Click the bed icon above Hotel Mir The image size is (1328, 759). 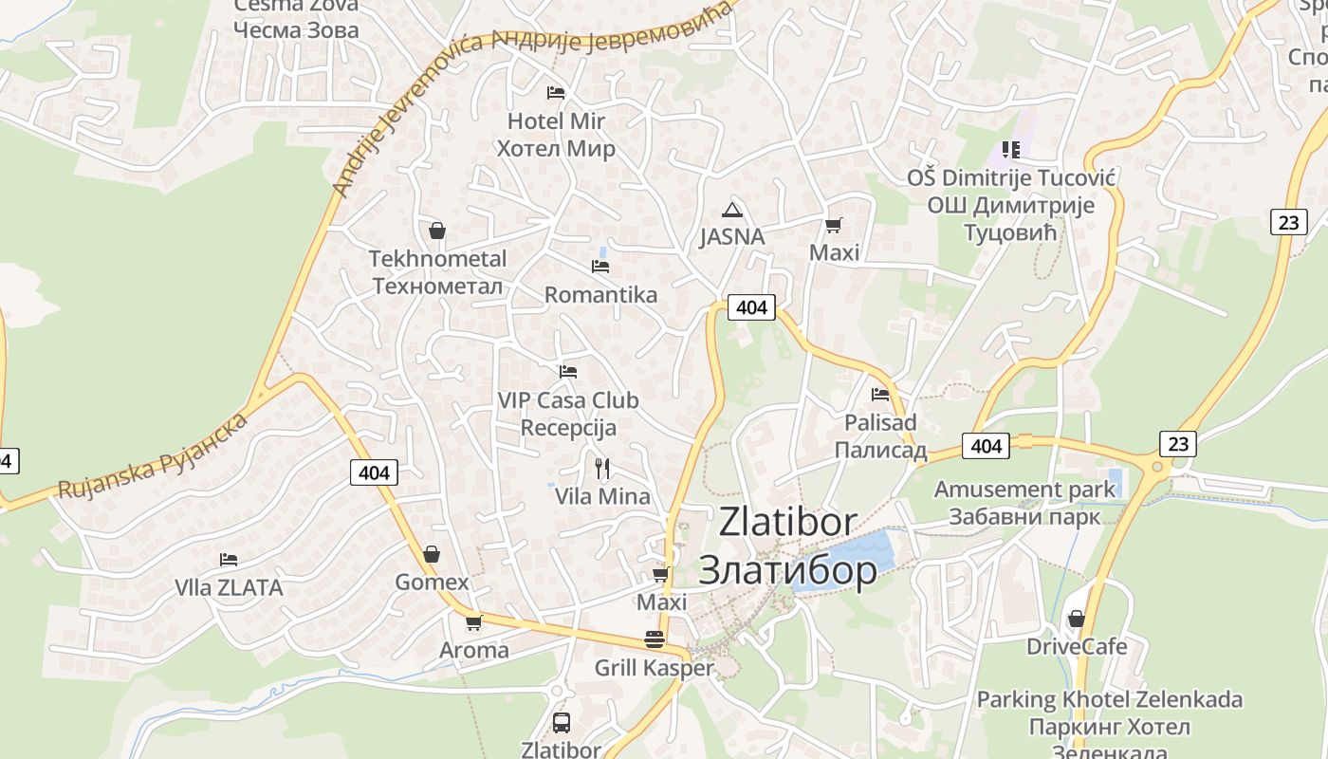[556, 92]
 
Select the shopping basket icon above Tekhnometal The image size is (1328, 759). [437, 231]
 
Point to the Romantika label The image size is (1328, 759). [600, 295]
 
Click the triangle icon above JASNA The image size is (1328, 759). [730, 210]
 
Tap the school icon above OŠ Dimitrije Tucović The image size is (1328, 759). [1011, 150]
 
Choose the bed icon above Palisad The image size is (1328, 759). [880, 394]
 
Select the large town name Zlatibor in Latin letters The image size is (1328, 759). [787, 522]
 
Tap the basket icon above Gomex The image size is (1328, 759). [432, 554]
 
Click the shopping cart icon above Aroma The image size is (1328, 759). [473, 622]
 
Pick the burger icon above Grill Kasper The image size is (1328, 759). [654, 639]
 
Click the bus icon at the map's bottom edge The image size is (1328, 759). [561, 723]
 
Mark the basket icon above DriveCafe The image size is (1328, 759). [1076, 619]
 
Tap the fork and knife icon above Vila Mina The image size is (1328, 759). [601, 468]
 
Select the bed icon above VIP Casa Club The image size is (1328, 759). [568, 371]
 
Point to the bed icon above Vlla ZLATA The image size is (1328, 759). [229, 560]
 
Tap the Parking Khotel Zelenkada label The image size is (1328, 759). [1109, 700]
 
